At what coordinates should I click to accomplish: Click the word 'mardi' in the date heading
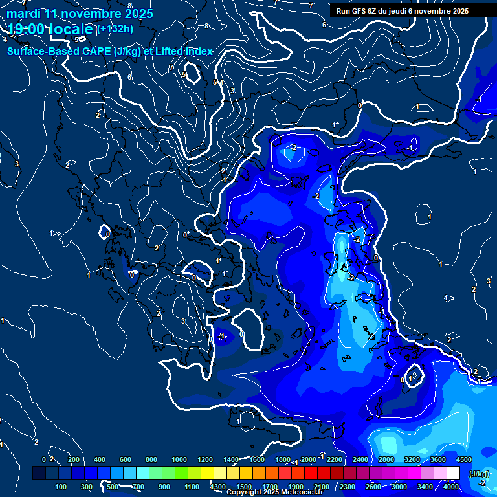coord(23,14)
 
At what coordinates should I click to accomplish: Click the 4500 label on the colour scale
coord(463,459)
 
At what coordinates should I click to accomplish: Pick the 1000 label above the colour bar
coord(179,459)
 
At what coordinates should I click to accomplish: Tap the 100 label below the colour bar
coord(61,487)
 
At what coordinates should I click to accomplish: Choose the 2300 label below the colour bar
coord(347,487)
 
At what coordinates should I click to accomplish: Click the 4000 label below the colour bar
coord(451,487)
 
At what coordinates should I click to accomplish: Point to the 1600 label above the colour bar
coord(257,459)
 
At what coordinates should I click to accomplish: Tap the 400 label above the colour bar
coord(100,459)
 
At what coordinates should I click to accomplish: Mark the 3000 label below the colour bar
coord(399,487)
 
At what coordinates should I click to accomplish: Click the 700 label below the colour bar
coord(138,487)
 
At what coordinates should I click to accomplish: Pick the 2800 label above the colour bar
coord(386,459)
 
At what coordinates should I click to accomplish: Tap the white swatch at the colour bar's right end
coord(453,473)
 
